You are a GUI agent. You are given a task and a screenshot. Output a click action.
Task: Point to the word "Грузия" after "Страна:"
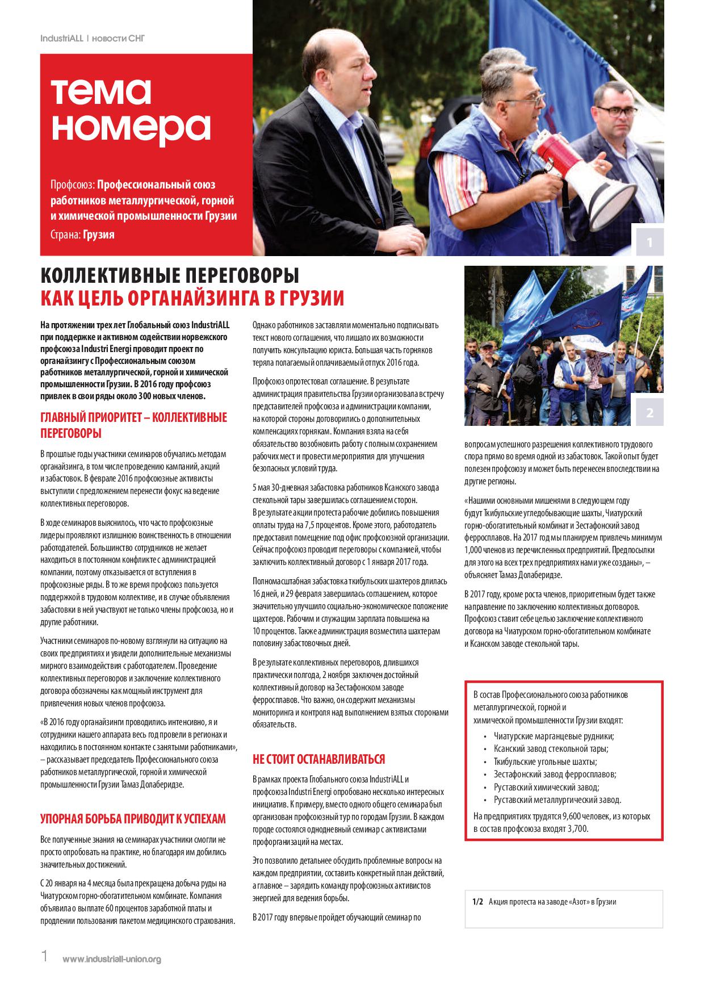pyautogui.click(x=98, y=235)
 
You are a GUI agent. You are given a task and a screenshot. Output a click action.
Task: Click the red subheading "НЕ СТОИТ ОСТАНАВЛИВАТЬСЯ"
pyautogui.click(x=319, y=759)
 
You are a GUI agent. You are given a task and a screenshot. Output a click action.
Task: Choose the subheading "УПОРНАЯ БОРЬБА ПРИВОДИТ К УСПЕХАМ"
pyautogui.click(x=133, y=818)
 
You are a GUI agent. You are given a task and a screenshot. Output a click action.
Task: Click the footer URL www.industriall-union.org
pyautogui.click(x=112, y=959)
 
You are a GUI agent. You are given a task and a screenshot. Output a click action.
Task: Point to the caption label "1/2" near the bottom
pyautogui.click(x=477, y=901)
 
